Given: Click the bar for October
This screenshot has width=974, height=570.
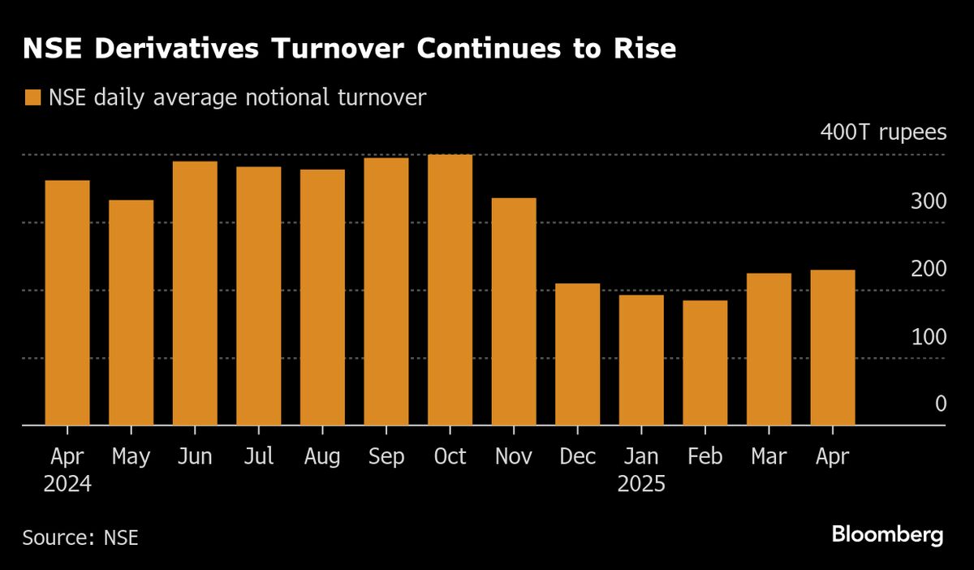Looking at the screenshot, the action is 450,290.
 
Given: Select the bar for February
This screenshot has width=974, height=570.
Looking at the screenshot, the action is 705,362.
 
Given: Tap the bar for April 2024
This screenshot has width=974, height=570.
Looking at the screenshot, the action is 67,302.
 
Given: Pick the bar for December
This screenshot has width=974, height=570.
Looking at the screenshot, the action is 577,354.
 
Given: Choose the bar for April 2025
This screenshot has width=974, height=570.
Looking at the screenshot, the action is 833,348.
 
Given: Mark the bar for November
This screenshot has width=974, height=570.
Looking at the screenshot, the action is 514,312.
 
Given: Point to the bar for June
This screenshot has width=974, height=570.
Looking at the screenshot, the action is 195,293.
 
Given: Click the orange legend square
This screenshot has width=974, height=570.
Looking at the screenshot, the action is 32,97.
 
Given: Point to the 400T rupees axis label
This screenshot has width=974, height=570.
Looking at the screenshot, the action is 883,132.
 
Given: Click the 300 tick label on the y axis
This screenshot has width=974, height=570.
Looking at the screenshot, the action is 929,201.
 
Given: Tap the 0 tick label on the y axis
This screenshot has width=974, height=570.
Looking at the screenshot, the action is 941,404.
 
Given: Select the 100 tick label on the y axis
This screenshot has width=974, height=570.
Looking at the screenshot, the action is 929,337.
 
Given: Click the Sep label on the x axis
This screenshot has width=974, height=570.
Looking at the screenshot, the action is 386,457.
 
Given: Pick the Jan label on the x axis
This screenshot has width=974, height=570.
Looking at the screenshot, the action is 641,456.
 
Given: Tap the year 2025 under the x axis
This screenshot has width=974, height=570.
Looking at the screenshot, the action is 641,484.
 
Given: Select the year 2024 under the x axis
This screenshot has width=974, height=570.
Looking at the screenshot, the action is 67,484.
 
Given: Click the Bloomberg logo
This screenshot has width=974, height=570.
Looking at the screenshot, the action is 887,535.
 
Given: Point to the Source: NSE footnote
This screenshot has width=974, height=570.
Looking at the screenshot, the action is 80,538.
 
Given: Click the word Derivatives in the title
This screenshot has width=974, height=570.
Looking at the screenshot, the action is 177,48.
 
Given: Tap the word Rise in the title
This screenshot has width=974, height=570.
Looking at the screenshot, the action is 644,48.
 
